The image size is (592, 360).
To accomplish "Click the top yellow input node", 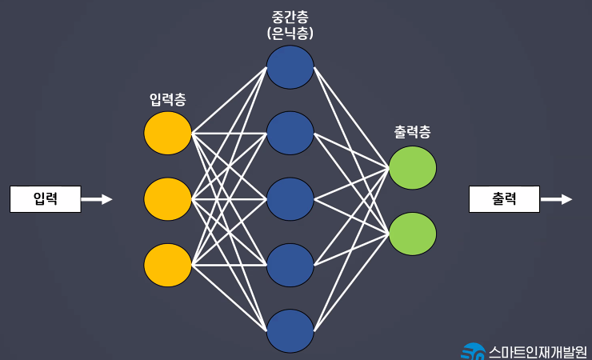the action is (168, 133).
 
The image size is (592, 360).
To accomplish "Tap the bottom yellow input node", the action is (168, 265).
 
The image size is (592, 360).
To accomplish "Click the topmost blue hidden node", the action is (290, 67).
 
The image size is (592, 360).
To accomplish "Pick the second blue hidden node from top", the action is (290, 133).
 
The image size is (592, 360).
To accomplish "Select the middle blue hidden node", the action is (290, 199).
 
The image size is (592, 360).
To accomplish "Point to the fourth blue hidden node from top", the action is (290, 265).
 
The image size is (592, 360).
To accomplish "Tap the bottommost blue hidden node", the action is (290, 330).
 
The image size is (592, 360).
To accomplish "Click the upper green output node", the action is (412, 168).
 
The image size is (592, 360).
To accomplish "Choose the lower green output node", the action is (412, 234).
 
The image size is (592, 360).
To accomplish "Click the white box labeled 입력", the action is (46, 199).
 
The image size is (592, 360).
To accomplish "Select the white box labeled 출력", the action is (504, 199).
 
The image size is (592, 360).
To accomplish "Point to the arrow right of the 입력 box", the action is (97, 199).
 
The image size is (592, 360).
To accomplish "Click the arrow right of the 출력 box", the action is (556, 199).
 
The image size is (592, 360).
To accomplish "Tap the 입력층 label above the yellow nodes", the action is (169, 99).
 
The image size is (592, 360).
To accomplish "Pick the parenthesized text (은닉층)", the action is (290, 34).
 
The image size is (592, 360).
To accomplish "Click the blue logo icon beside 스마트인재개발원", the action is (473, 351).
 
